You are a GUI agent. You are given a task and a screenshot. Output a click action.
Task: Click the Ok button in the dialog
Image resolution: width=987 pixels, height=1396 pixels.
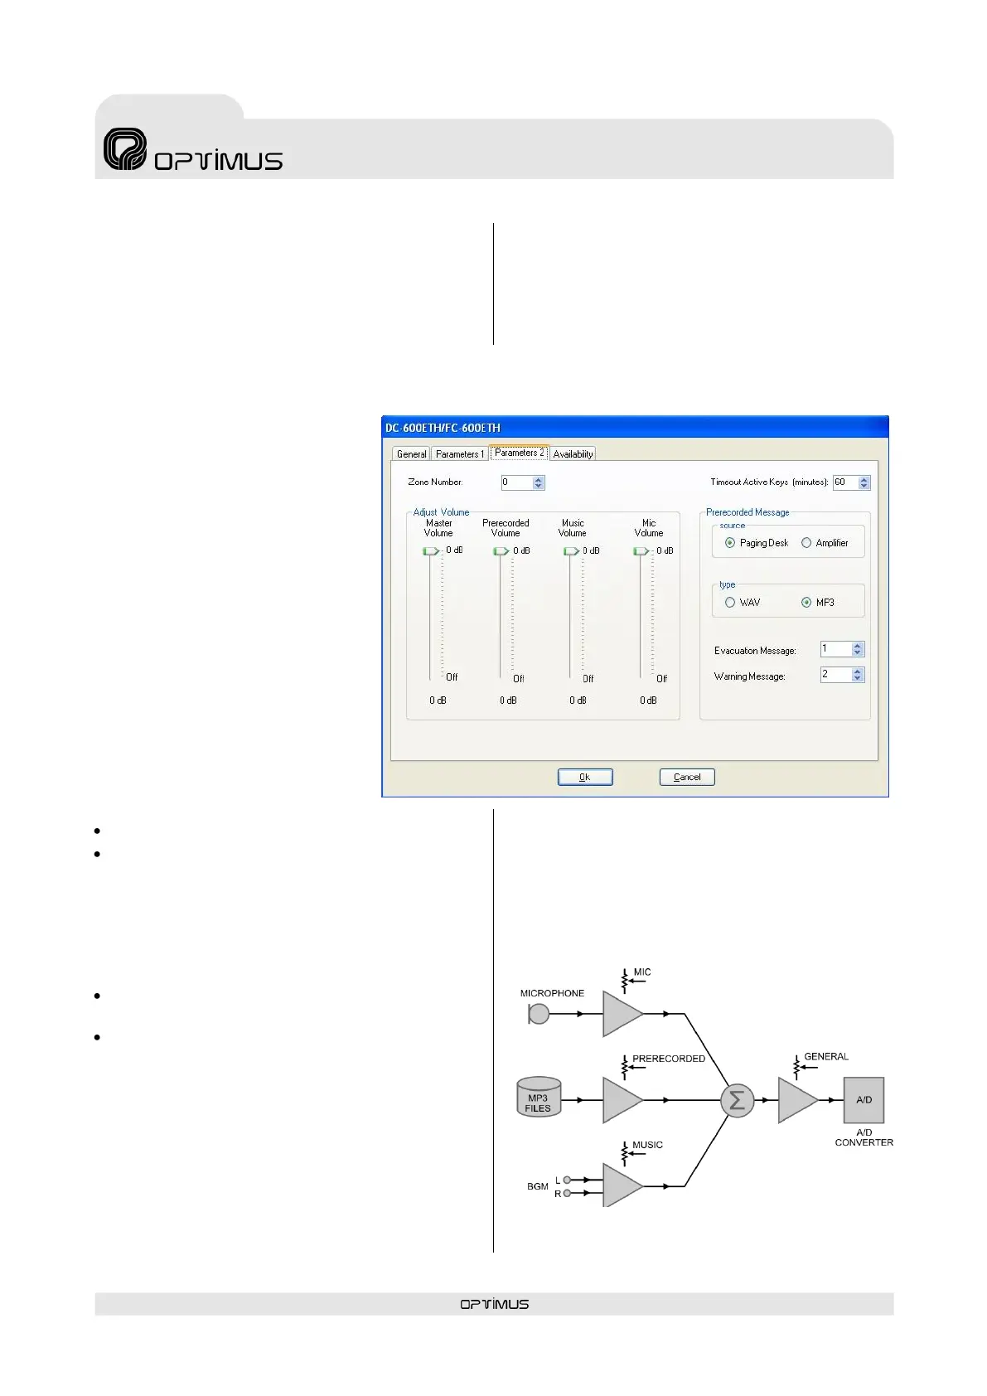(585, 777)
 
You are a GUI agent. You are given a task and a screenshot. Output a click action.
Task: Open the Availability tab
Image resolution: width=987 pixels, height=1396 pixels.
(573, 454)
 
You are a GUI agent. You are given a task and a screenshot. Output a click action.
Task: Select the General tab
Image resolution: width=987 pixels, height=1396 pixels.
(411, 454)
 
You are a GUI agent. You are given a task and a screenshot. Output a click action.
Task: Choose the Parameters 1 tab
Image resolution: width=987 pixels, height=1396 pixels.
(459, 454)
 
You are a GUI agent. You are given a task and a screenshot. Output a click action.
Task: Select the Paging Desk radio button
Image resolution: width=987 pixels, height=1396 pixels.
(730, 543)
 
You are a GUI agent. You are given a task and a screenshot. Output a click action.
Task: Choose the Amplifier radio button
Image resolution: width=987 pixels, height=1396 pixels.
(806, 543)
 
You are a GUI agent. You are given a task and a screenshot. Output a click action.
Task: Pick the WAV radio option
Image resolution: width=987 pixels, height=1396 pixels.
(730, 603)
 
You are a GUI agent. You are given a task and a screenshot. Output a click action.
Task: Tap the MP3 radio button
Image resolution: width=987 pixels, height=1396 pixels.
(806, 603)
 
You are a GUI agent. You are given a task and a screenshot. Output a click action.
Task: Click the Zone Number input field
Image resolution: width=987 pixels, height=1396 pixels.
(516, 482)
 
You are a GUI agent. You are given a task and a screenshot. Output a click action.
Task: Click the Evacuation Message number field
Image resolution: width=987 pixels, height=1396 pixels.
(835, 649)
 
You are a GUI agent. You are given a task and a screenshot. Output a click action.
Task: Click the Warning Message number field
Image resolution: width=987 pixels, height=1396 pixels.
(835, 675)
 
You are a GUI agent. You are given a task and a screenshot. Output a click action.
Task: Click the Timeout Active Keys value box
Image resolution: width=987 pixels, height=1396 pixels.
(845, 482)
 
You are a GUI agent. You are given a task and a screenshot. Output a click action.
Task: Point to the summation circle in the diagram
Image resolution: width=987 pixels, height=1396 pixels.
(737, 1100)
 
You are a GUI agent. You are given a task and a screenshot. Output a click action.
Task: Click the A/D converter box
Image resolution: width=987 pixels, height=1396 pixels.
(864, 1100)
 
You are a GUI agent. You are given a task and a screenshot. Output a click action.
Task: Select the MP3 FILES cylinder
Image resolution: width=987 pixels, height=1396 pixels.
(538, 1098)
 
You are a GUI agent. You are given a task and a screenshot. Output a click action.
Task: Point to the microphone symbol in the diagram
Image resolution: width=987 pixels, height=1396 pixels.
(539, 1014)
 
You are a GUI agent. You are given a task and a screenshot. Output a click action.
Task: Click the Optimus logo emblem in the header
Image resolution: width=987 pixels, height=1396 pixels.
(125, 149)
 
